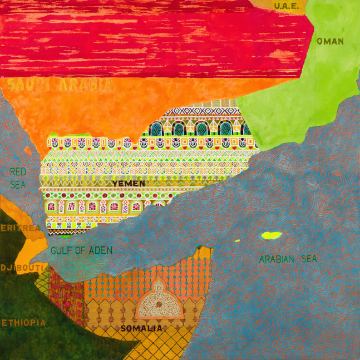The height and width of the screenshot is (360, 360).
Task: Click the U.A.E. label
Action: tap(287, 6)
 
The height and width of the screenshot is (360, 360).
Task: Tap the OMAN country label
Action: tap(330, 41)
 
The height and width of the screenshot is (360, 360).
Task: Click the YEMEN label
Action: tap(129, 183)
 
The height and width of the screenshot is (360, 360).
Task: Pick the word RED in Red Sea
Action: tap(18, 171)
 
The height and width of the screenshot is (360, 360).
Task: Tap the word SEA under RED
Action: tap(18, 184)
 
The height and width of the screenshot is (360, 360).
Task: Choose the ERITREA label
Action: tap(20, 228)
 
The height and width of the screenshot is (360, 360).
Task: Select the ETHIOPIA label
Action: tap(23, 323)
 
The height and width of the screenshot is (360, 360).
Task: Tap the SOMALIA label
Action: tap(142, 328)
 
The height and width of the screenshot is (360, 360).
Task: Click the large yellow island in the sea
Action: tap(272, 235)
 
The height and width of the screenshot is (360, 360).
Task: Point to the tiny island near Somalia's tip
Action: tap(237, 241)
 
